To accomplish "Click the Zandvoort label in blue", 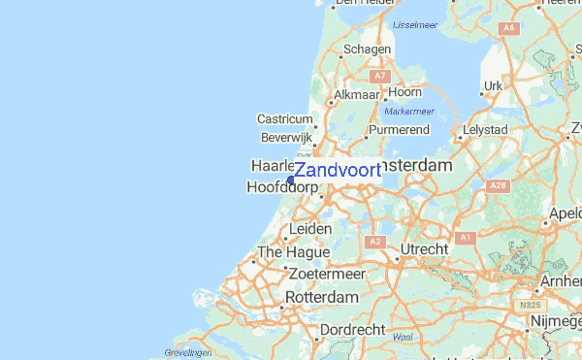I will pyautogui.click(x=338, y=170).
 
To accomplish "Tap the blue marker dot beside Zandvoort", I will pyautogui.click(x=291, y=180).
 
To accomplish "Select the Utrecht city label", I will pyautogui.click(x=424, y=249).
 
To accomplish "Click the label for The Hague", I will pyautogui.click(x=280, y=253).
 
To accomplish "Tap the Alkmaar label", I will pyautogui.click(x=355, y=95).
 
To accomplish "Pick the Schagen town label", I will pyautogui.click(x=367, y=49).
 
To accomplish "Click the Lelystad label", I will pyautogui.click(x=485, y=128).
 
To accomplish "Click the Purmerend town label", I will pyautogui.click(x=399, y=128).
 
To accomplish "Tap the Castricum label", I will pyautogui.click(x=284, y=118).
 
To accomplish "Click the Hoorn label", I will pyautogui.click(x=404, y=92).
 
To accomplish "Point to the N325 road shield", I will pyautogui.click(x=530, y=306).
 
